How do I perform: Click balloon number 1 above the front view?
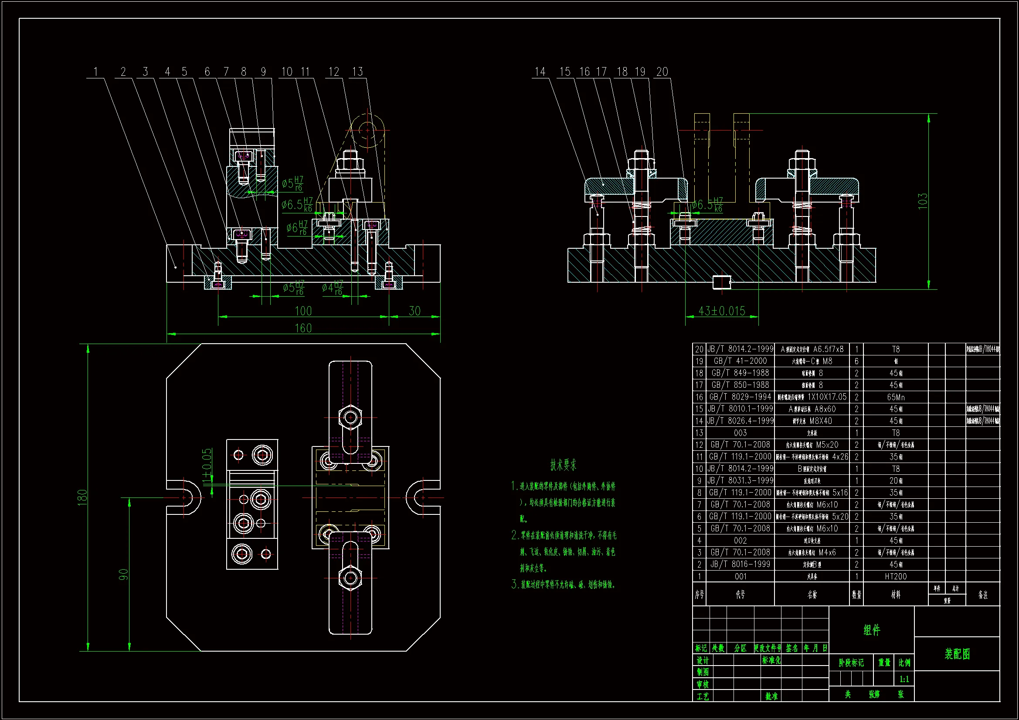(x=95, y=72)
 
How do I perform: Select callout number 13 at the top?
(x=357, y=72)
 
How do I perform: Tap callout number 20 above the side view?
(x=662, y=72)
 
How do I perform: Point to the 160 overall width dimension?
(x=303, y=328)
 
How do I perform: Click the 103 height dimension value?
(x=923, y=201)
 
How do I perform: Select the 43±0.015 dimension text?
(x=722, y=311)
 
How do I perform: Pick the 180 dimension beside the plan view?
(x=82, y=497)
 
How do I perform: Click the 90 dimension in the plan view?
(x=123, y=575)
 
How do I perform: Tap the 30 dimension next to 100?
(x=414, y=311)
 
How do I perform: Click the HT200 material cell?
(x=896, y=576)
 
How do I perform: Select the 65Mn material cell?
(x=896, y=397)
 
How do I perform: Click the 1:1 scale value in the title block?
(x=904, y=679)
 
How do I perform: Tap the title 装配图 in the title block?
(x=957, y=654)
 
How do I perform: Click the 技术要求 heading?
(x=563, y=465)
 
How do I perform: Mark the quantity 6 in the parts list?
(x=856, y=361)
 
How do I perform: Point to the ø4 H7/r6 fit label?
(x=333, y=288)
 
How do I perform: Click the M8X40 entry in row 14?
(x=821, y=421)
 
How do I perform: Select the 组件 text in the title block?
(x=872, y=630)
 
